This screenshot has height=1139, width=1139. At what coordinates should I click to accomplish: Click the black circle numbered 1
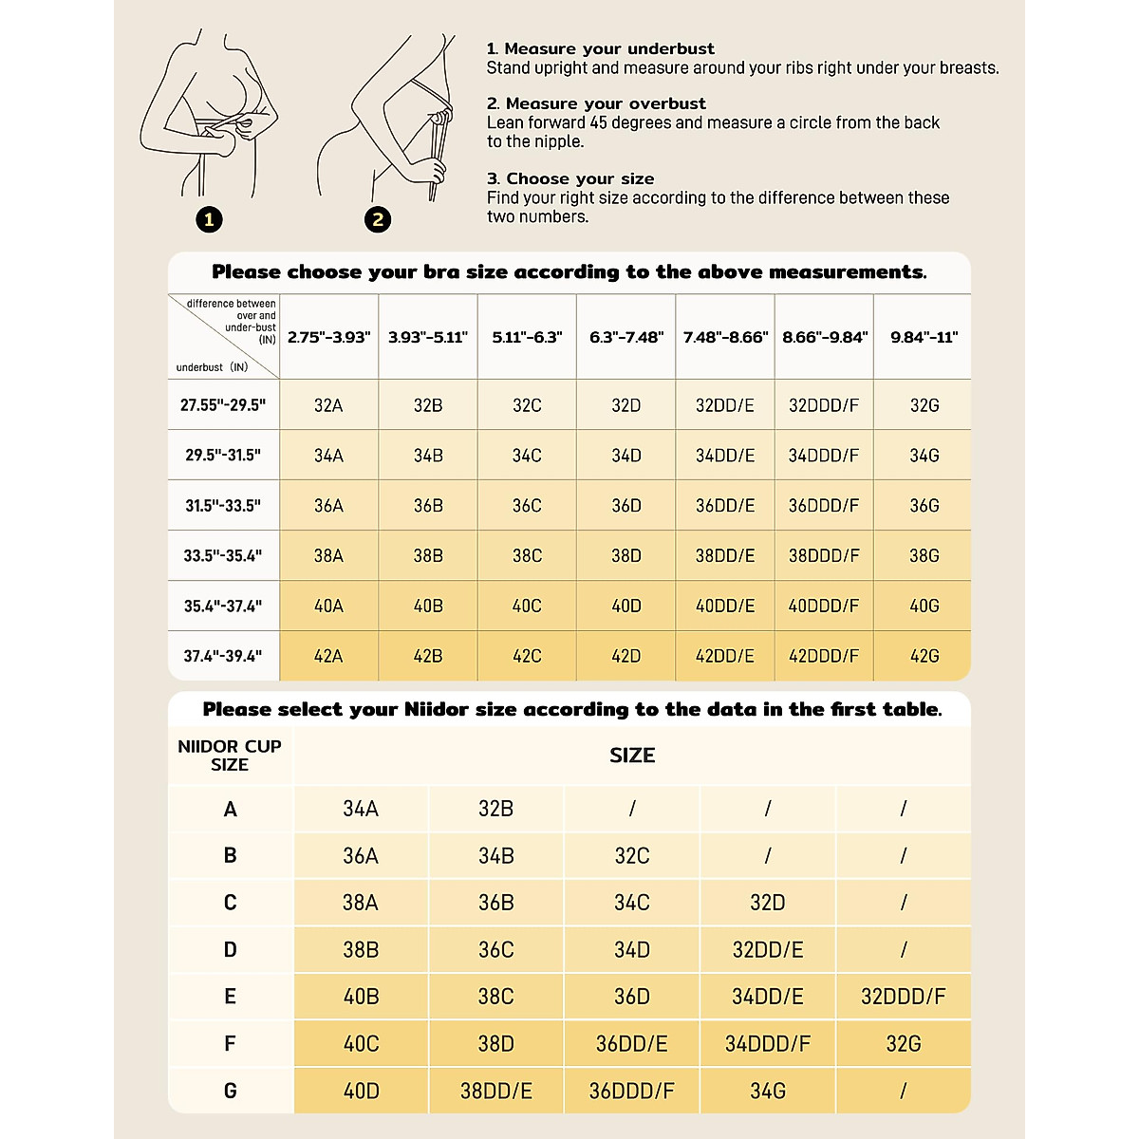[x=209, y=220]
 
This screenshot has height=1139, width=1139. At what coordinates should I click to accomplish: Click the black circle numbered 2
[x=378, y=220]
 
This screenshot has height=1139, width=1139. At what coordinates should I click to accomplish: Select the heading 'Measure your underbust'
[x=609, y=48]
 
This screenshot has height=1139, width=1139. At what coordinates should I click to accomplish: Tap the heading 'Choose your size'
[x=580, y=178]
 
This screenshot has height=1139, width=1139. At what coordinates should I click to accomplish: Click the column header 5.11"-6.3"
[x=527, y=337]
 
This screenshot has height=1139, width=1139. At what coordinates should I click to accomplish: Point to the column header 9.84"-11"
[x=924, y=337]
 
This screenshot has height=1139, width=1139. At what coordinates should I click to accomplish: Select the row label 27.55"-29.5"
[x=223, y=405]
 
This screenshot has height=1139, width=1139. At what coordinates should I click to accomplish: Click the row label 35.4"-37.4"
[x=223, y=606]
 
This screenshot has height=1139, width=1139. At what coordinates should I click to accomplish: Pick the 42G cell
[x=924, y=656]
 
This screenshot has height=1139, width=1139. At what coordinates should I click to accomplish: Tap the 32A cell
[x=328, y=405]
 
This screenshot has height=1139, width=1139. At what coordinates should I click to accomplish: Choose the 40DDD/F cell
[x=823, y=606]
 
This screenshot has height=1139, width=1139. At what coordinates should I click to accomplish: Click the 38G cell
[x=924, y=555]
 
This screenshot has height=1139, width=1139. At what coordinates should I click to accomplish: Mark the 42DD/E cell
[x=724, y=656]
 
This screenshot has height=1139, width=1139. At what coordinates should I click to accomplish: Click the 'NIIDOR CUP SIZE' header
[x=230, y=756]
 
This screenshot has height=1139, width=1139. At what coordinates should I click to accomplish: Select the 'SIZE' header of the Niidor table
[x=632, y=756]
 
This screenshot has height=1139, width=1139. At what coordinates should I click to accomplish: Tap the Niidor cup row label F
[x=230, y=1044]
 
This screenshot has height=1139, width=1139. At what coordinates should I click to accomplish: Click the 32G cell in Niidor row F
[x=903, y=1044]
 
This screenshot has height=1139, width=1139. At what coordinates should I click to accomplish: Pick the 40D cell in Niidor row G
[x=361, y=1092]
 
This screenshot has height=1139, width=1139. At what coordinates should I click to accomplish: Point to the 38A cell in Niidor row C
[x=361, y=903]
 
